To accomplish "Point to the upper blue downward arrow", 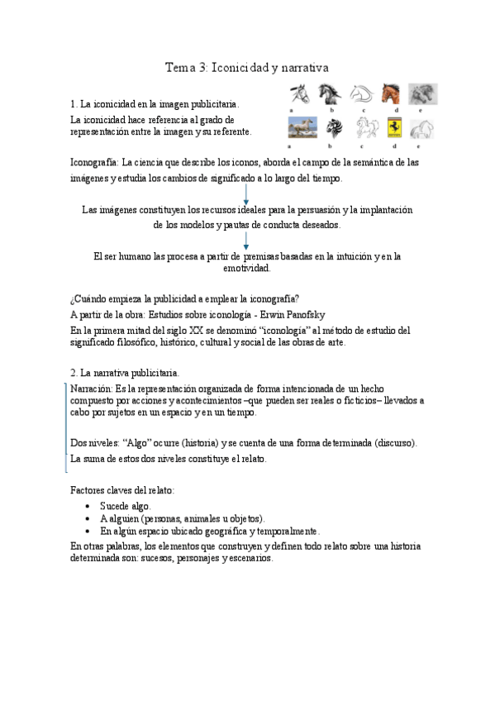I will (247, 195).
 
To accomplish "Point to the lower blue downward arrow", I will (247, 241).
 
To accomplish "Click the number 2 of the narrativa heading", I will (74, 373).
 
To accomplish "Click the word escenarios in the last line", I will (249, 558).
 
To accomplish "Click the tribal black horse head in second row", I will (333, 128).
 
